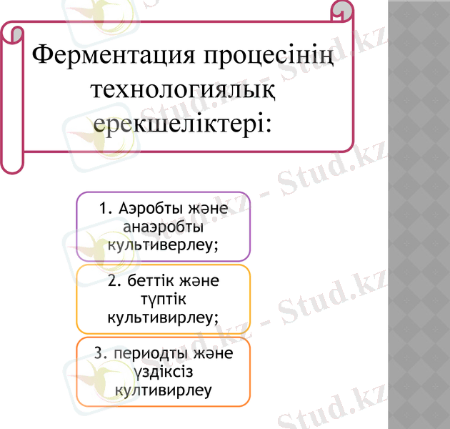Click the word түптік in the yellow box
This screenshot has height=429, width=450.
[x=163, y=298]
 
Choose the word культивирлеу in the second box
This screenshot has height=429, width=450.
[x=163, y=316]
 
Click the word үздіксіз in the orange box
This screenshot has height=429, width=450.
[x=163, y=373]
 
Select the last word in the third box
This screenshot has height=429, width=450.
[x=163, y=390]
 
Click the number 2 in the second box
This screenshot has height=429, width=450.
[x=113, y=281]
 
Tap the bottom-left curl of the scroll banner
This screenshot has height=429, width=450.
[x=12, y=162]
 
